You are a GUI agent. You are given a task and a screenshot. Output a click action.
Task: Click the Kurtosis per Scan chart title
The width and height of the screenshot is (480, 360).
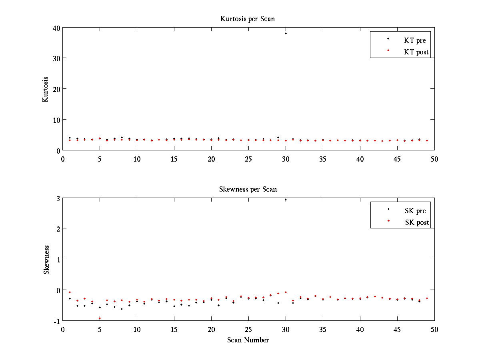[x=248, y=19]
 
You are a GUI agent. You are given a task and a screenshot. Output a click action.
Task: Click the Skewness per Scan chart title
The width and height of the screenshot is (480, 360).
[x=248, y=189]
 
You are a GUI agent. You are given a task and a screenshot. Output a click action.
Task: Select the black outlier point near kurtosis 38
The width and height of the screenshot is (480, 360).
[x=286, y=33]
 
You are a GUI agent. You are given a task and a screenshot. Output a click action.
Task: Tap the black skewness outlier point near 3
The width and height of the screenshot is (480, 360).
[x=286, y=200]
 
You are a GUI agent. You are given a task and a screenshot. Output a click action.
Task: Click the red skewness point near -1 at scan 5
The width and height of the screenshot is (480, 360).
[x=100, y=318]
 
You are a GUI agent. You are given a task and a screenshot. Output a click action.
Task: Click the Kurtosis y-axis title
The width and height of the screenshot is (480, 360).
[x=46, y=89]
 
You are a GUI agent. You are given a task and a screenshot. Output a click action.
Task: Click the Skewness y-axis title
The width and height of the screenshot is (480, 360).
[x=46, y=259]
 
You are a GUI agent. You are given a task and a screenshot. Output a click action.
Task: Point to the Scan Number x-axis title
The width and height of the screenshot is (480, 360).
[x=248, y=340]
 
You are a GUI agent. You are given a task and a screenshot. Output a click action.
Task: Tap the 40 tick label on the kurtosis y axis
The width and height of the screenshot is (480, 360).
[x=55, y=28]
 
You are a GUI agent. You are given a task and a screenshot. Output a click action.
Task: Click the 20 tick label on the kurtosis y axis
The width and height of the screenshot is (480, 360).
[x=55, y=89]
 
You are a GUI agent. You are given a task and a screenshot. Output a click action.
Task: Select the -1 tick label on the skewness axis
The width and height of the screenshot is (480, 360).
[x=56, y=321]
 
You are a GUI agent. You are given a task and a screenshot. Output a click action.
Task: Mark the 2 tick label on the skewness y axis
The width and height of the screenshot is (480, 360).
[x=57, y=228]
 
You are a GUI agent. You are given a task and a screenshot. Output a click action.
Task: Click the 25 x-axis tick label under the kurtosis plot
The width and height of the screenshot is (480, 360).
[x=248, y=159]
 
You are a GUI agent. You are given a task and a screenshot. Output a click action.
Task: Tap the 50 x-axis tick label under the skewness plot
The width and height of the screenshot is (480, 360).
[x=434, y=329]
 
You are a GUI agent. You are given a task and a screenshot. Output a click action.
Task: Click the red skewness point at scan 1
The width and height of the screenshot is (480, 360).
[x=70, y=292]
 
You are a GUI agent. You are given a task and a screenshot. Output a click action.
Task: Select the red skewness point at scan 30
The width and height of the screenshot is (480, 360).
[x=286, y=292]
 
